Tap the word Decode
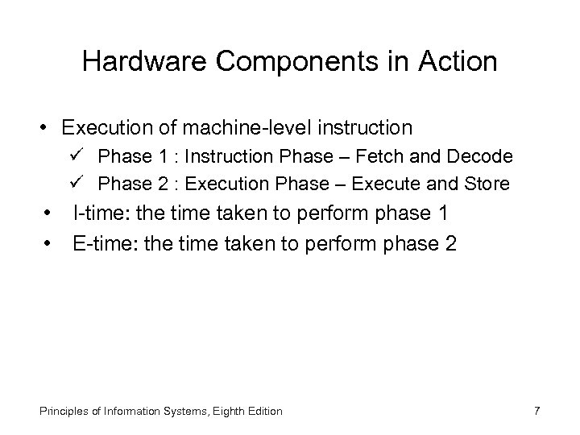click(x=483, y=156)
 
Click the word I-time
click(x=98, y=215)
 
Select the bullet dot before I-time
click(x=51, y=216)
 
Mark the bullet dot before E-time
click(x=51, y=243)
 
